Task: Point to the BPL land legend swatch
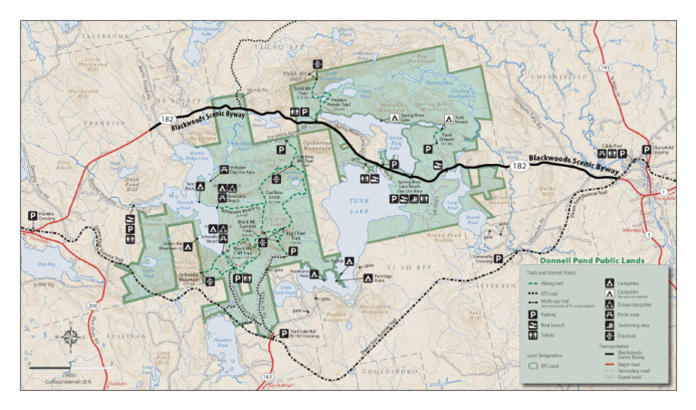(535, 367)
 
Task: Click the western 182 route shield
(167, 119)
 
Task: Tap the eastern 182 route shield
(518, 167)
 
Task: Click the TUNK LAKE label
(359, 208)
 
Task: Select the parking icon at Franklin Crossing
(34, 216)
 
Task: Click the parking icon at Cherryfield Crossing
(646, 150)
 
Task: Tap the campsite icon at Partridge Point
(368, 277)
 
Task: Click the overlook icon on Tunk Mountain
(317, 63)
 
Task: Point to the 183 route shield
(266, 375)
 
